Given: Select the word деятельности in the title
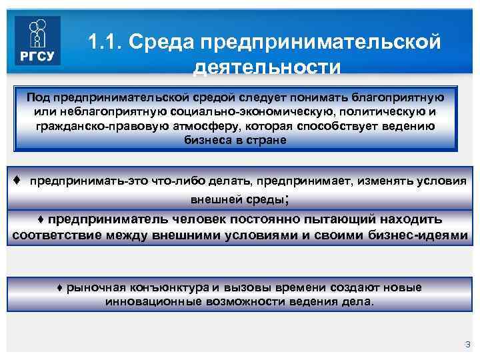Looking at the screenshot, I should click(x=267, y=68).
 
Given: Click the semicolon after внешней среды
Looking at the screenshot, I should click(x=287, y=199).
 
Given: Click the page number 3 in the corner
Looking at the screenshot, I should click(x=467, y=344).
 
